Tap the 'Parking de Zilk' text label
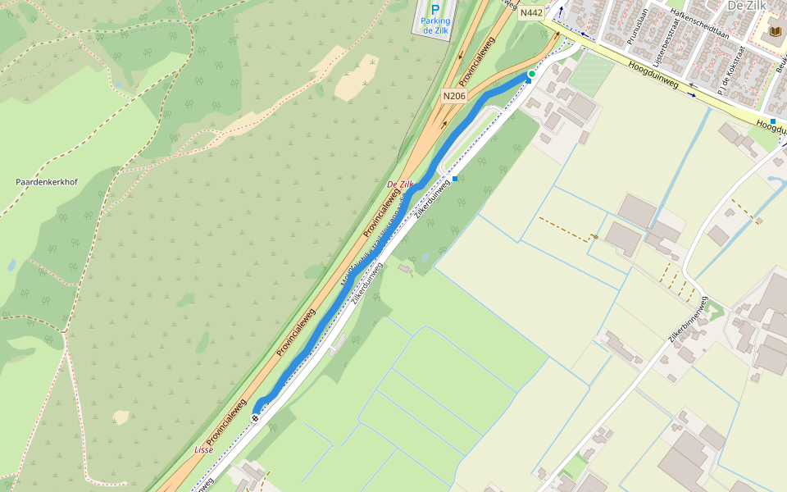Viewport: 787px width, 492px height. click(436, 25)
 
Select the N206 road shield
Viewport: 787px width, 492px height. click(453, 96)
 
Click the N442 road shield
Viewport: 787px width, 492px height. click(531, 12)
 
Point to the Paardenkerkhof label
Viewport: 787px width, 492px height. click(47, 182)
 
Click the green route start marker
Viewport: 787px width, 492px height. click(531, 75)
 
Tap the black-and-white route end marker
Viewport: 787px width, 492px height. click(256, 418)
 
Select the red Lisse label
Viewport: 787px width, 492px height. click(204, 450)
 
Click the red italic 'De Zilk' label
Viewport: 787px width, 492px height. click(401, 184)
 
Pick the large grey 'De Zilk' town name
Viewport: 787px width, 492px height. click(746, 6)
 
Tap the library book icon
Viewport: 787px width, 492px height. click(775, 32)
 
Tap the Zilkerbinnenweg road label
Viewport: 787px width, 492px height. click(687, 318)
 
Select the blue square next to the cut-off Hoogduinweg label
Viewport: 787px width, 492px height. click(772, 121)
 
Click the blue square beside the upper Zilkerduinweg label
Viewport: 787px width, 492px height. click(455, 179)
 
